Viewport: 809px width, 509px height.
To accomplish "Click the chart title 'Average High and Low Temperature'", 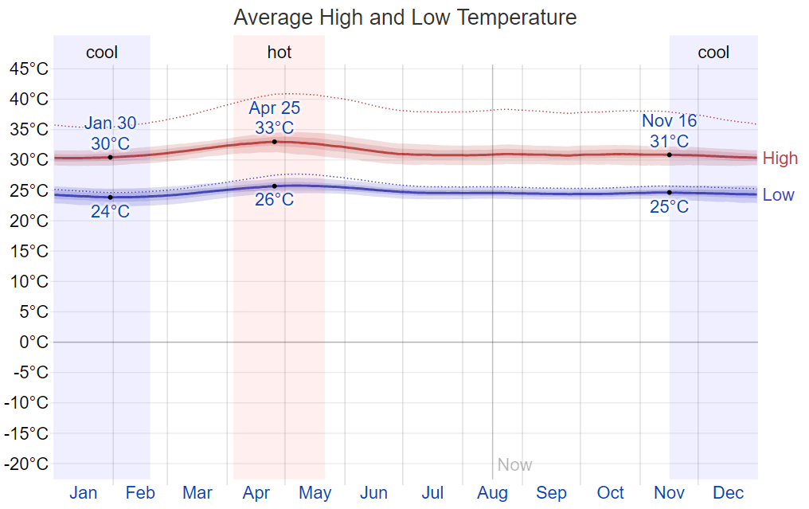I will (404, 17).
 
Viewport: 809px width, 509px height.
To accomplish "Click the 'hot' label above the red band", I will (279, 53).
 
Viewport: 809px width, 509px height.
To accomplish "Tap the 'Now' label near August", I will (514, 464).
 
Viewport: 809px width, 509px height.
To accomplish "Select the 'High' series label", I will (780, 158).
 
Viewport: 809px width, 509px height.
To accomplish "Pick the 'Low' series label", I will (778, 194).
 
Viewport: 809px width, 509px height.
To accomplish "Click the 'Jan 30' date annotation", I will (110, 123).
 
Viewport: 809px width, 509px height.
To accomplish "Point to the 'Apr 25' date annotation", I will (274, 108).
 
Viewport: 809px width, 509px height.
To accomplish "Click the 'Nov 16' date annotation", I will (669, 121).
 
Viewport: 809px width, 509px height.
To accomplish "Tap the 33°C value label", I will (274, 127).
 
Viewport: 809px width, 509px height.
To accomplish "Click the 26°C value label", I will (274, 200).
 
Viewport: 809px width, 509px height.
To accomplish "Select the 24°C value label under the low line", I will (110, 212).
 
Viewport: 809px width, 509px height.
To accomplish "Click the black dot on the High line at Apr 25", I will (274, 142).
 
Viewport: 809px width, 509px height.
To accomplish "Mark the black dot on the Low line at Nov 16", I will (669, 192).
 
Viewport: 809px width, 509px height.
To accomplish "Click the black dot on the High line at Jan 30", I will (110, 157).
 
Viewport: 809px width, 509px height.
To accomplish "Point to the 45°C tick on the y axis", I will (29, 69).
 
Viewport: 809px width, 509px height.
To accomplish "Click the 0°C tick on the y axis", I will (34, 342).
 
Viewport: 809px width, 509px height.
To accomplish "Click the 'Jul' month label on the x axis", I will (432, 493).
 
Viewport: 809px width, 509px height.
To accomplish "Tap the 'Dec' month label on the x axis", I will (728, 493).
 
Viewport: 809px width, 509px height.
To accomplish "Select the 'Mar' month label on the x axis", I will (197, 493).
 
